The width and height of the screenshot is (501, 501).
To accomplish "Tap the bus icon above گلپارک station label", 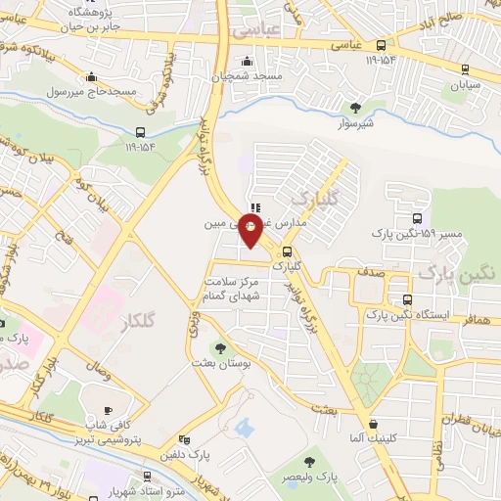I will (286, 250).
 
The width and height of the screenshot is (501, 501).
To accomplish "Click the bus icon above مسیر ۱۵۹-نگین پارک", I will (418, 219).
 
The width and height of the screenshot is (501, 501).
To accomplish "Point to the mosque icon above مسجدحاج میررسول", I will (92, 77).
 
